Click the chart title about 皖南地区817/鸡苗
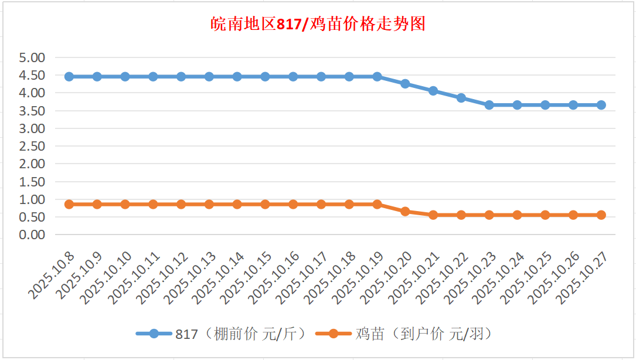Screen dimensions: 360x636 [x=318, y=24]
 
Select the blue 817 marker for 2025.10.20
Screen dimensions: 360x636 [x=405, y=84]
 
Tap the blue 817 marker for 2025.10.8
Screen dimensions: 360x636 [x=69, y=77]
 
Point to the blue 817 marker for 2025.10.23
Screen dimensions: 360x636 [x=489, y=105]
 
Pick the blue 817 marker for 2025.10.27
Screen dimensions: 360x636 [x=601, y=105]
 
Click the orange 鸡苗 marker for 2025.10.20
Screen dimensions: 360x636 [x=405, y=211]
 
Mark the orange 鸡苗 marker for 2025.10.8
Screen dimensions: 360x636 [x=69, y=204]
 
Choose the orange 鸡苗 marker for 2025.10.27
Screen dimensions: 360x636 [x=601, y=215]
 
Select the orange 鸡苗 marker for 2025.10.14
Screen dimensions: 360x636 [x=237, y=204]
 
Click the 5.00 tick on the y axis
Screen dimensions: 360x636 [x=32, y=58]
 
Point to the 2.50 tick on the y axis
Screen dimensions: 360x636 [x=32, y=146]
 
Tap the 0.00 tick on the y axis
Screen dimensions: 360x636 [x=32, y=235]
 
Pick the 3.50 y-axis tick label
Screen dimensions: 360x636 [x=32, y=111]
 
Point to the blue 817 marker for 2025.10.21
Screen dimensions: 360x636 [x=433, y=91]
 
